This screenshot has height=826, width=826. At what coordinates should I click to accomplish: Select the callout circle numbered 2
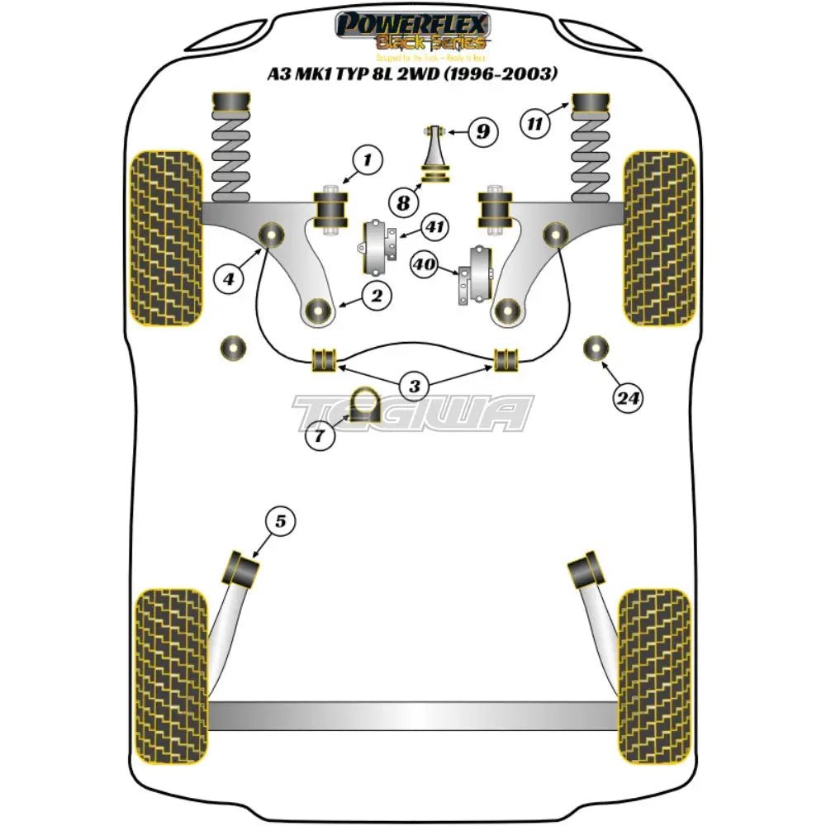click(x=376, y=295)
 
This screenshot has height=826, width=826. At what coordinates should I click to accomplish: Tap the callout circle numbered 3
click(x=414, y=384)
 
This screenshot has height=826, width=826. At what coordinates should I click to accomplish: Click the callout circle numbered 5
click(x=281, y=521)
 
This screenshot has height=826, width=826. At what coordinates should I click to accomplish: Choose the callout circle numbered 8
click(x=402, y=202)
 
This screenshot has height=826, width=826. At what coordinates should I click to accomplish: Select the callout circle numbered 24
click(x=628, y=399)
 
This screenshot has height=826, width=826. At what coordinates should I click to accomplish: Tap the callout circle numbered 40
click(x=425, y=264)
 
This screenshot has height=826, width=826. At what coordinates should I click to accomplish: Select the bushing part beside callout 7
click(x=362, y=404)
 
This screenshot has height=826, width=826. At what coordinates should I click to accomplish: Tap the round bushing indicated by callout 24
click(x=595, y=349)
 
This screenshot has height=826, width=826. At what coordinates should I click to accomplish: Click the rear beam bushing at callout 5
click(x=243, y=567)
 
